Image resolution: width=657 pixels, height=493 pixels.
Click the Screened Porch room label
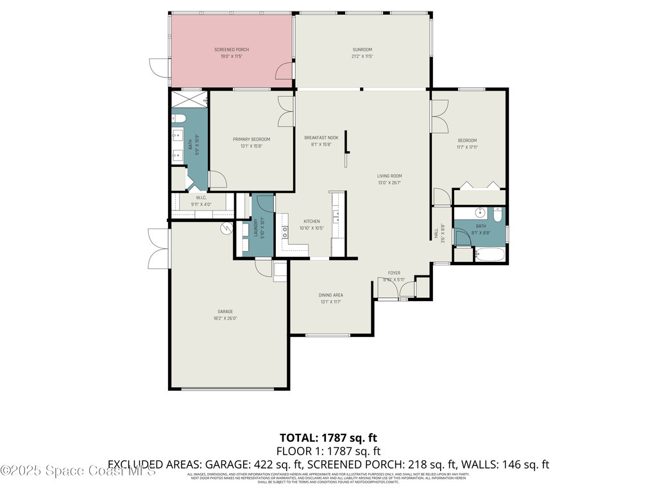tap(231, 49)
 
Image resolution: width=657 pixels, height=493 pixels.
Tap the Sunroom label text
tap(362, 49)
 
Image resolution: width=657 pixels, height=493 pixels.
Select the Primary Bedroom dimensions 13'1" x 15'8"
tap(251, 146)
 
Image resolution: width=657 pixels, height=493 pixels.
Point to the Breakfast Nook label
tap(321, 137)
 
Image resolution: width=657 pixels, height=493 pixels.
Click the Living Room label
tap(389, 176)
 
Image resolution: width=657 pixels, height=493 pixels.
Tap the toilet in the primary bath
tap(178, 118)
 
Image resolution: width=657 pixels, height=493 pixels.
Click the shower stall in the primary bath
tap(189, 99)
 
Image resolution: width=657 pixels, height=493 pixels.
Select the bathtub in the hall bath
tap(490, 255)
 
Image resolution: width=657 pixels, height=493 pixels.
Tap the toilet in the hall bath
tap(498, 214)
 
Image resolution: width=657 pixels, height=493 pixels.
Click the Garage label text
tap(225, 311)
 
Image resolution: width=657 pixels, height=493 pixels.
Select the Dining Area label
tap(331, 295)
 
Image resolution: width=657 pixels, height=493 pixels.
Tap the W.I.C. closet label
tap(201, 198)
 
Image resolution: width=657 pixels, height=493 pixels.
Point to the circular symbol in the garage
tap(226, 227)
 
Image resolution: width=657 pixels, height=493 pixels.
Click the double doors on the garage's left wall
tap(158, 248)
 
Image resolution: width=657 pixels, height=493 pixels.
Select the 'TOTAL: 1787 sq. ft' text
tap(328, 438)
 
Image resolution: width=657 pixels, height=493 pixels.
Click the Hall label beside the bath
tap(436, 234)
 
